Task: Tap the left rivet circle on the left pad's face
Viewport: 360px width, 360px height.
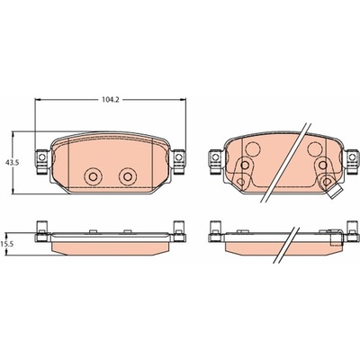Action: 93,176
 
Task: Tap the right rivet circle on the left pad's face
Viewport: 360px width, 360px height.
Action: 128,176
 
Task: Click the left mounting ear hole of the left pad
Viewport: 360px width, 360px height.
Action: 42,157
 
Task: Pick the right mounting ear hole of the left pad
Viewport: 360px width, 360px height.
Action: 179,157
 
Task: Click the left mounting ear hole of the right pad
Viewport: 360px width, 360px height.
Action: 215,157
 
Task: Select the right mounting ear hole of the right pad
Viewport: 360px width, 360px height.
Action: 352,157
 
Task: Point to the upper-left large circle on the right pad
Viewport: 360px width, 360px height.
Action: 252,148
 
